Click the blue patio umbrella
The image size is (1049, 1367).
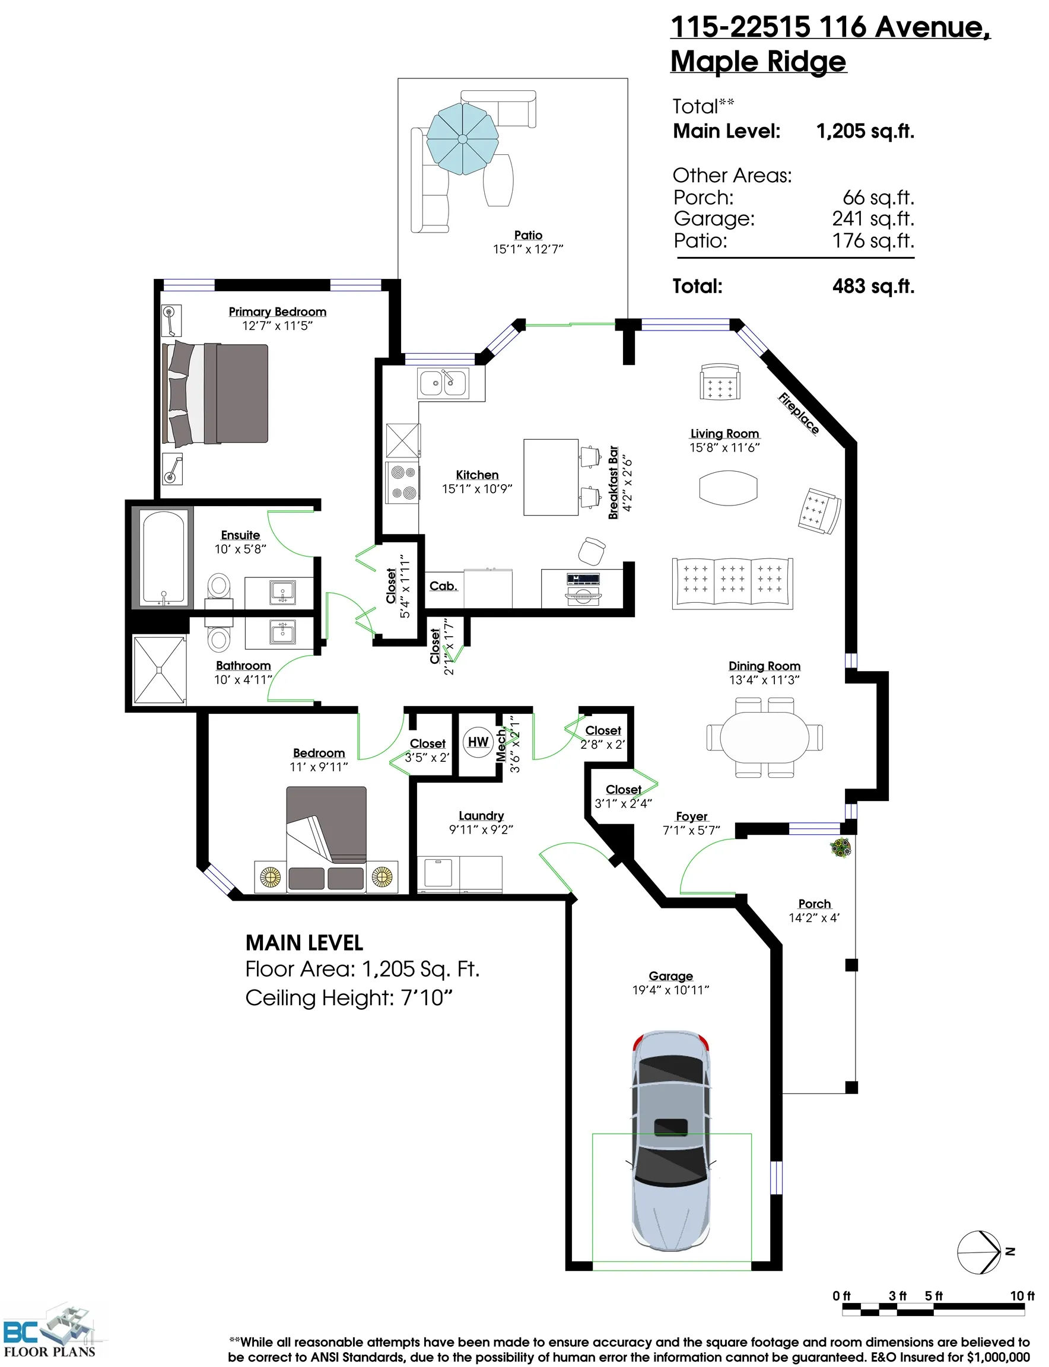(x=462, y=139)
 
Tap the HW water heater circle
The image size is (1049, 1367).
(x=478, y=741)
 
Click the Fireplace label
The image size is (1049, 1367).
(x=799, y=413)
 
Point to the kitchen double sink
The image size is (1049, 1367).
(x=443, y=383)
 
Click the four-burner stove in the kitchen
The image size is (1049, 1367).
(x=403, y=483)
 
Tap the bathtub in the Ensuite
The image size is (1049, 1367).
(x=164, y=558)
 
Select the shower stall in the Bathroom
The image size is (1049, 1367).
(x=160, y=669)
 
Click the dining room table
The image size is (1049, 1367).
(x=764, y=737)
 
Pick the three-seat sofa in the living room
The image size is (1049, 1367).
(x=732, y=583)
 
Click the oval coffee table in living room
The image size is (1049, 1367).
(x=728, y=488)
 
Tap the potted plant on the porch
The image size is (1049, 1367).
(x=841, y=847)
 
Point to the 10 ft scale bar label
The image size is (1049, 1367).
(x=1022, y=1295)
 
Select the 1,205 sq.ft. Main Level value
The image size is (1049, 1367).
(x=865, y=131)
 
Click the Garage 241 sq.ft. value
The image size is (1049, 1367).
(x=872, y=218)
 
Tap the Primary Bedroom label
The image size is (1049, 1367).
(x=277, y=311)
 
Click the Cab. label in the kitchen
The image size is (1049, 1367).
(x=443, y=586)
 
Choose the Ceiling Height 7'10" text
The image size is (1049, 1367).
(x=348, y=998)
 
